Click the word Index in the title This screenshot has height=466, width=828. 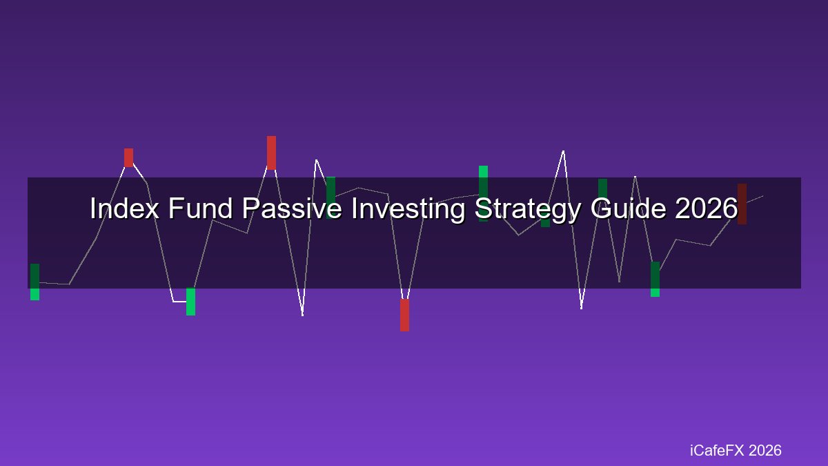point(125,208)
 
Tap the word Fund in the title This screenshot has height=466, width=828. point(201,208)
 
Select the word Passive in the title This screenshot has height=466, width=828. point(292,208)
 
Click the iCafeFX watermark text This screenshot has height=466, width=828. point(717,450)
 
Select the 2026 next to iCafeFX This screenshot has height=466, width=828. point(765,450)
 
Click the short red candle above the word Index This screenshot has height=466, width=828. point(128,157)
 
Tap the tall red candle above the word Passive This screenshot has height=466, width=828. point(271,153)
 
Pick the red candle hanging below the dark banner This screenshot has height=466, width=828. point(405,315)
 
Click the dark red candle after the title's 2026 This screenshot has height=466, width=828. point(742,204)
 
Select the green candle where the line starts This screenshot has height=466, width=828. point(34,282)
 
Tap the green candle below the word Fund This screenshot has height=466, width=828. point(190,302)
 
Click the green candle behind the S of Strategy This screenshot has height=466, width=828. point(483,194)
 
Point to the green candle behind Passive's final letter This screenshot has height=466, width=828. point(331,198)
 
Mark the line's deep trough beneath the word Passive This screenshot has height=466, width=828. point(303,315)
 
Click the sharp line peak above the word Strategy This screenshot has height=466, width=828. point(563,151)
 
